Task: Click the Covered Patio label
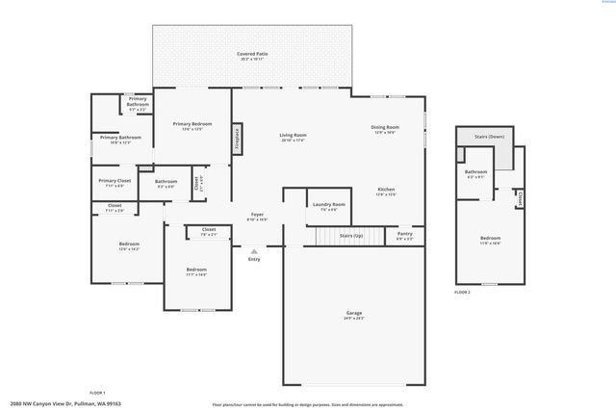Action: (x=253, y=54)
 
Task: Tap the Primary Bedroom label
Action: (x=192, y=124)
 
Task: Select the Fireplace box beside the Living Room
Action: (x=236, y=138)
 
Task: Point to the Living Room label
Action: (x=293, y=135)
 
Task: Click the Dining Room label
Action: (x=385, y=127)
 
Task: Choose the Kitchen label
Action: (x=386, y=190)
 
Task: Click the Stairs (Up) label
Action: (x=350, y=235)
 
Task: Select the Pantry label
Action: (x=403, y=234)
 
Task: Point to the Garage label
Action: (x=353, y=313)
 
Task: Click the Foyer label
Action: (x=257, y=215)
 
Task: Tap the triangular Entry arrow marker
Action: (x=254, y=250)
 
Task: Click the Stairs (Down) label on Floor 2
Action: (x=489, y=137)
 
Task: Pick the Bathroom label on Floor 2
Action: (x=475, y=172)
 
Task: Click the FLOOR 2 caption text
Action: (x=463, y=291)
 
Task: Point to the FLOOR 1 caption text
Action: (x=97, y=393)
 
